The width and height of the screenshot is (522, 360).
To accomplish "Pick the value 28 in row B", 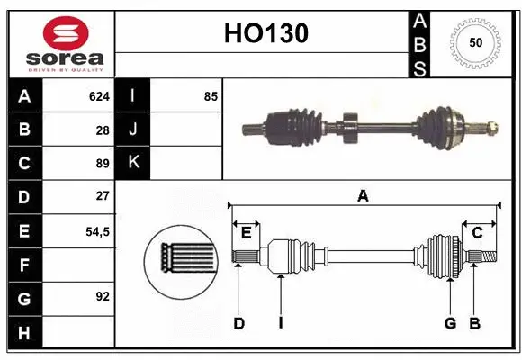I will [x=102, y=130].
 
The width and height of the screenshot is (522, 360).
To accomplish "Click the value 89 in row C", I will [x=102, y=164].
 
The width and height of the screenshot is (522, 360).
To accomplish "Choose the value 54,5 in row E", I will [x=96, y=231].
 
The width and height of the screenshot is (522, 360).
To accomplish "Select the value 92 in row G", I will [x=102, y=296].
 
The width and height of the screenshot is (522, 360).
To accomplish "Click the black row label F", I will [x=23, y=265].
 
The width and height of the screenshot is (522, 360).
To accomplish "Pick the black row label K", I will [x=132, y=163].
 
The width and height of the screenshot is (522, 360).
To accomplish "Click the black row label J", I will [x=132, y=130].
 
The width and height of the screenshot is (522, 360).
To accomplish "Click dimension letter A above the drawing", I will [x=363, y=195].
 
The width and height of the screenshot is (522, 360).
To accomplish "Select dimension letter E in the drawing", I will [x=246, y=233].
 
